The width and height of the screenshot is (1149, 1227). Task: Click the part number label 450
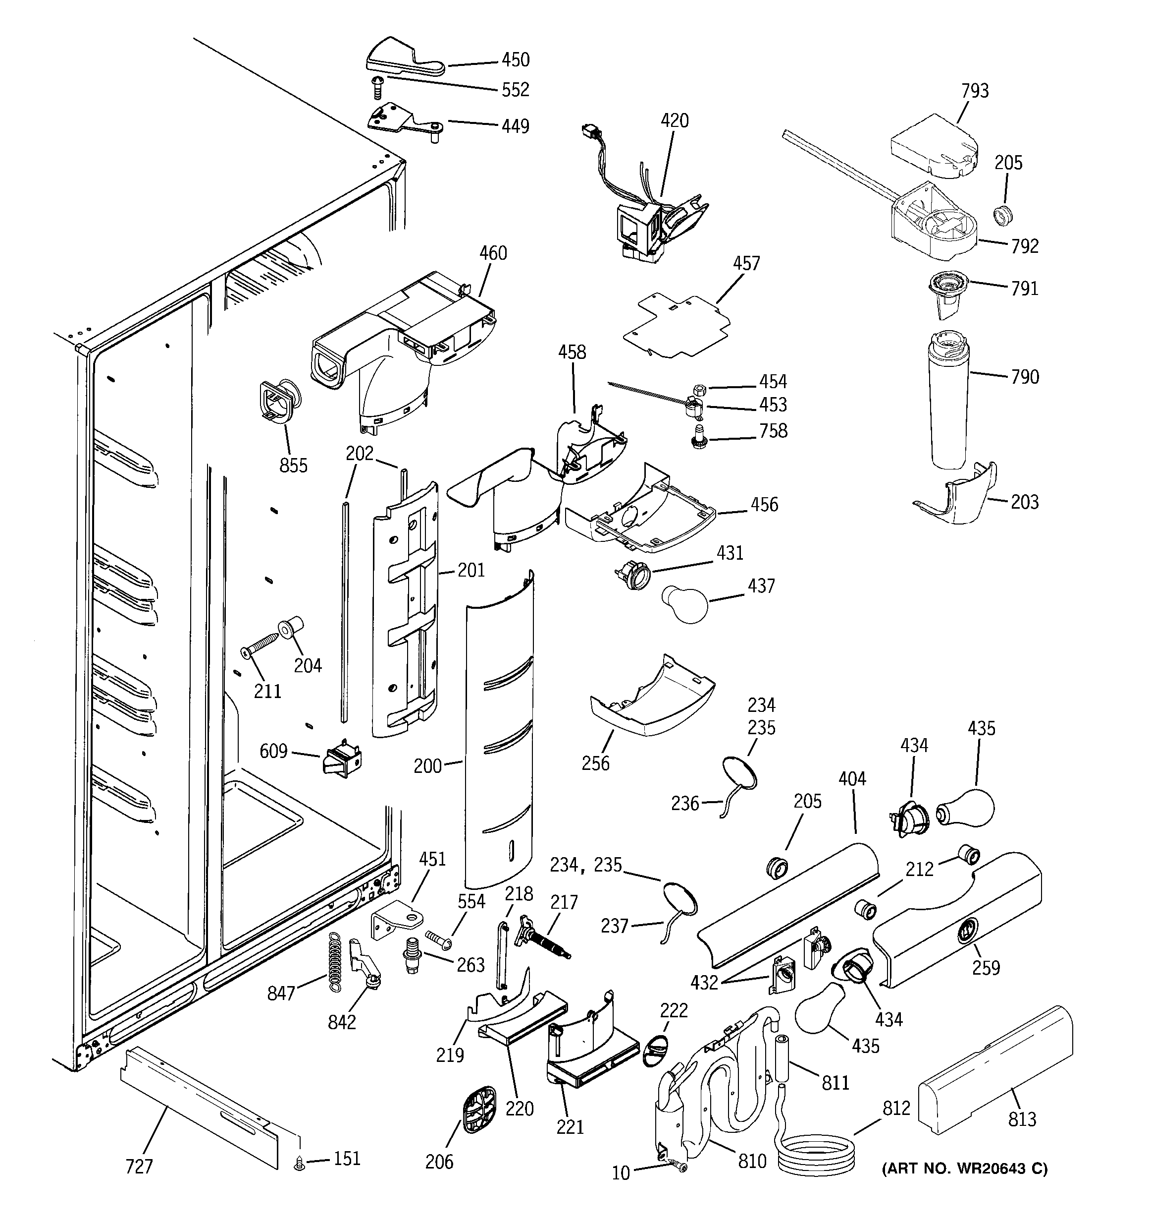515,60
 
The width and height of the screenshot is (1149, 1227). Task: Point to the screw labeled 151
300,1164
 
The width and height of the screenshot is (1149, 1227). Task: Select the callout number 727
139,1167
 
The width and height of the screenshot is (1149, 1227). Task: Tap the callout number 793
975,91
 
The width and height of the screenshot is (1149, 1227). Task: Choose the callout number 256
595,763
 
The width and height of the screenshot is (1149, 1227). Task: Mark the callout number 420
674,120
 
